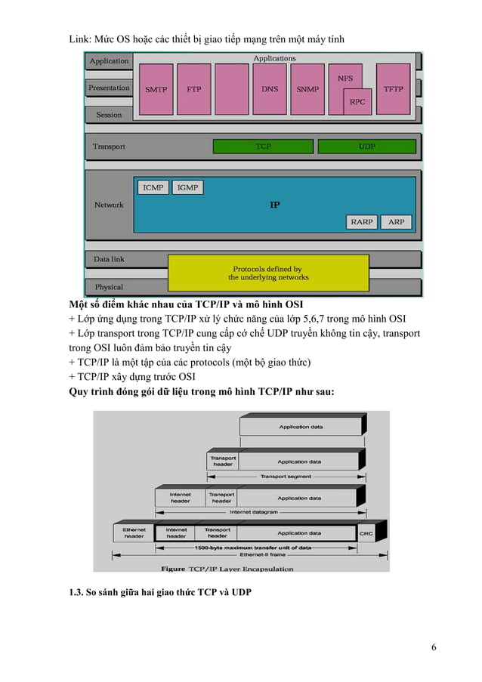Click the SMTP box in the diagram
click(156, 89)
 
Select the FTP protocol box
click(194, 89)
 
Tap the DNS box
click(270, 89)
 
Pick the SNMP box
click(307, 89)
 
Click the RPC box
click(357, 101)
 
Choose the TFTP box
click(393, 89)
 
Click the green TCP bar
click(262, 146)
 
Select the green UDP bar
click(366, 146)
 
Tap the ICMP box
click(153, 187)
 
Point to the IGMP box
click(187, 187)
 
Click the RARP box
click(362, 222)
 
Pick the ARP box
click(396, 222)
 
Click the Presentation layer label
click(109, 88)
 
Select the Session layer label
click(109, 115)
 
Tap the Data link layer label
click(109, 259)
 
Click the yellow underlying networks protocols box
click(267, 273)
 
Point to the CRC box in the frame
click(366, 533)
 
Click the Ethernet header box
click(134, 533)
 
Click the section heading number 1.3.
click(76, 591)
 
